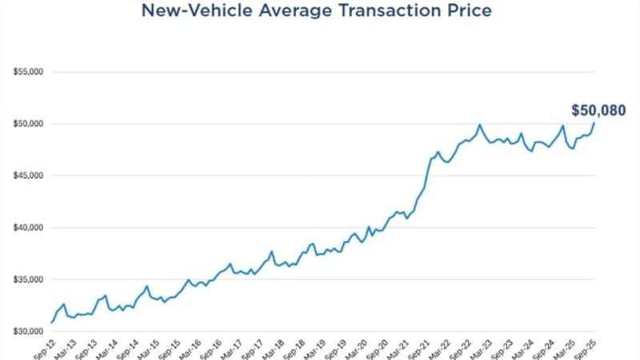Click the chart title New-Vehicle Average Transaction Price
[316, 11]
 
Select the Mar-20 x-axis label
[358, 348]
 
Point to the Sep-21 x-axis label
[421, 348]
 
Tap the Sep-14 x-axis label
[128, 348]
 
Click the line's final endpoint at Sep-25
[594, 123]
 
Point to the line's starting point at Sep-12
[52, 322]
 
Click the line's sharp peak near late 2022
[479, 125]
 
